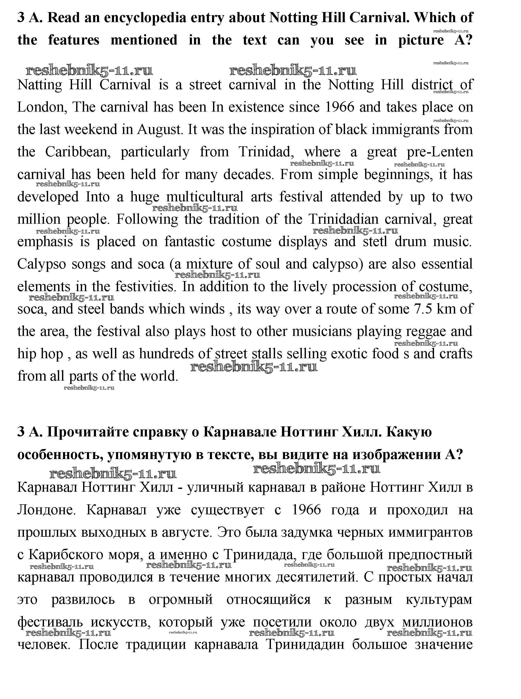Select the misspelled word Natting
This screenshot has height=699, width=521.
tap(40, 85)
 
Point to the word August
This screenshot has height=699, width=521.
tap(160, 130)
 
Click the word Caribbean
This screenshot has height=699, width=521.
tap(78, 152)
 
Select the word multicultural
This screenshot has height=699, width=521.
tap(205, 197)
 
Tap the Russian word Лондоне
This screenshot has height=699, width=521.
tap(46, 510)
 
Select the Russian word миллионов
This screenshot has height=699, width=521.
tap(437, 622)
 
